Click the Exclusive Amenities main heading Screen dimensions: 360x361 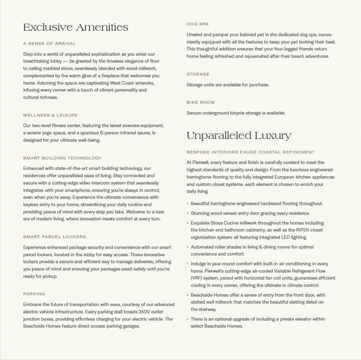[76, 28]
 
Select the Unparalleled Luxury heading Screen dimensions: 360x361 [239, 136]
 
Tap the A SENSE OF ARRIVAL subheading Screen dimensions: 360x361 [49, 44]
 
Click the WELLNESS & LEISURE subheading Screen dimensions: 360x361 [50, 115]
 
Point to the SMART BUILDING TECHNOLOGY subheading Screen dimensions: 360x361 [62, 158]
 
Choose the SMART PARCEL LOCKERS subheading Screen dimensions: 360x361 [54, 237]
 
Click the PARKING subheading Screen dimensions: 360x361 [34, 294]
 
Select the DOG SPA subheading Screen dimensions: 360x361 [198, 24]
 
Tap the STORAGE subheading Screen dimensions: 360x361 [198, 74]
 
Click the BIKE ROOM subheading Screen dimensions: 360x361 [201, 102]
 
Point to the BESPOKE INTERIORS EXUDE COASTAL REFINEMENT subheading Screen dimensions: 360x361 [251, 152]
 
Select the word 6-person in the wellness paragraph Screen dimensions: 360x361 [109, 133]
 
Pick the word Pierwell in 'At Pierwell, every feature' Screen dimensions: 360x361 [202, 163]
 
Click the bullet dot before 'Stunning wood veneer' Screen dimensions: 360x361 [188, 213]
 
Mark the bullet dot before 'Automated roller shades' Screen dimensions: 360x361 [188, 247]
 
